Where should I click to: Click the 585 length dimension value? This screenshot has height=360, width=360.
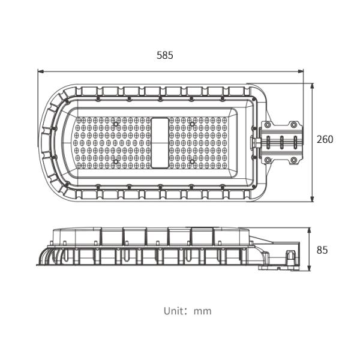pos(164,55)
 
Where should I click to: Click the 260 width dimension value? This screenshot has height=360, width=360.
pos(325,139)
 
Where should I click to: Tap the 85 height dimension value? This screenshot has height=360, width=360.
pos(322,250)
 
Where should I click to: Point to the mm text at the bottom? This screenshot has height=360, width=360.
pos(203,311)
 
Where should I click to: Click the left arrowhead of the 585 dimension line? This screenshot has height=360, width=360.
pos(41,71)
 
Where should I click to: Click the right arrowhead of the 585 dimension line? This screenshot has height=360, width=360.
pos(301,71)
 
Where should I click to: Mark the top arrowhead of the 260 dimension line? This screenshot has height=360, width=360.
pos(312,86)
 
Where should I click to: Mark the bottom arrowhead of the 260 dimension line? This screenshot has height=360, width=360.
pos(312,199)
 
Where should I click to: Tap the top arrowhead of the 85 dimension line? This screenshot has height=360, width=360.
pos(309,231)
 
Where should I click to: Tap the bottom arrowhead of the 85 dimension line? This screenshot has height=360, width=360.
pos(309,268)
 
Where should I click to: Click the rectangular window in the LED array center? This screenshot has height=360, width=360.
pos(160,143)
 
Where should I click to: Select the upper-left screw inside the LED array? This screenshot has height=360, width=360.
pos(116,124)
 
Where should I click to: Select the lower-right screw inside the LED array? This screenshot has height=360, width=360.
pos(192,161)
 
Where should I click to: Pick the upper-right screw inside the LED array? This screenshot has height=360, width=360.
pos(192,124)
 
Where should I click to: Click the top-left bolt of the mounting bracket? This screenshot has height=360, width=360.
pos(267,125)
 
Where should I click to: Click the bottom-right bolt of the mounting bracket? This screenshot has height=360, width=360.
pos(293,160)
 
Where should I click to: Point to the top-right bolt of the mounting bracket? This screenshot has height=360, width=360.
pos(293,125)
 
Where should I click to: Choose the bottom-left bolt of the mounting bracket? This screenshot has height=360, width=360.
pos(267,160)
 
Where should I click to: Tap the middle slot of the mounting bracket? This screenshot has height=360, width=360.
pos(282,142)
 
